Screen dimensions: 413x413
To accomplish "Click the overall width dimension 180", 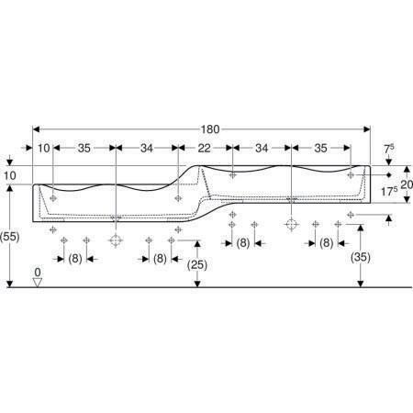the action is tap(210, 129).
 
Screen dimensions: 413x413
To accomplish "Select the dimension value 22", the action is tap(204, 148).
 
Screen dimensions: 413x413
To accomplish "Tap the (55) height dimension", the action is tap(10, 236).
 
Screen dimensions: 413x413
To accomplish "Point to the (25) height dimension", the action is tap(197, 265).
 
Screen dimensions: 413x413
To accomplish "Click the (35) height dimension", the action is tap(361, 257).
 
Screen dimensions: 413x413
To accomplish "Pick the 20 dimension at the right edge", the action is tap(407, 184).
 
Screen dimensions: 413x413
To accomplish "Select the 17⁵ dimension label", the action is tap(389, 192).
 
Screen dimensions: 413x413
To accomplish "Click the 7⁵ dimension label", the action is tap(389, 149).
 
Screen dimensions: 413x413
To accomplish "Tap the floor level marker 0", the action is tap(38, 272).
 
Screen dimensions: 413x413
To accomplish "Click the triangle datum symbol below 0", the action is tap(38, 283).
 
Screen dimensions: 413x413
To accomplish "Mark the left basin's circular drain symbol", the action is tap(116, 240).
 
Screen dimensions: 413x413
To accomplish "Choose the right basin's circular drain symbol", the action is tap(291, 225).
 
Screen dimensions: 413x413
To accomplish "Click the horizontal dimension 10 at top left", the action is tap(44, 148).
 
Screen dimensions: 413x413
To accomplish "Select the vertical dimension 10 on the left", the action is tap(10, 175).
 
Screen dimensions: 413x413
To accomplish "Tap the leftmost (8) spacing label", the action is tap(75, 259).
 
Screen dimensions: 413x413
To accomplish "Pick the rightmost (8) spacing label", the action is tap(326, 243).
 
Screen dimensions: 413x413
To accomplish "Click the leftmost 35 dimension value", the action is tap(84, 148).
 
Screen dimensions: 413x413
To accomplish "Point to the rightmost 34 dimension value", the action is tap(262, 148).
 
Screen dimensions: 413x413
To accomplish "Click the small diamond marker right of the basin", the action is tap(389, 175).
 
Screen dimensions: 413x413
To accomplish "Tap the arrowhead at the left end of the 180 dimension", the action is tap(37, 129).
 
